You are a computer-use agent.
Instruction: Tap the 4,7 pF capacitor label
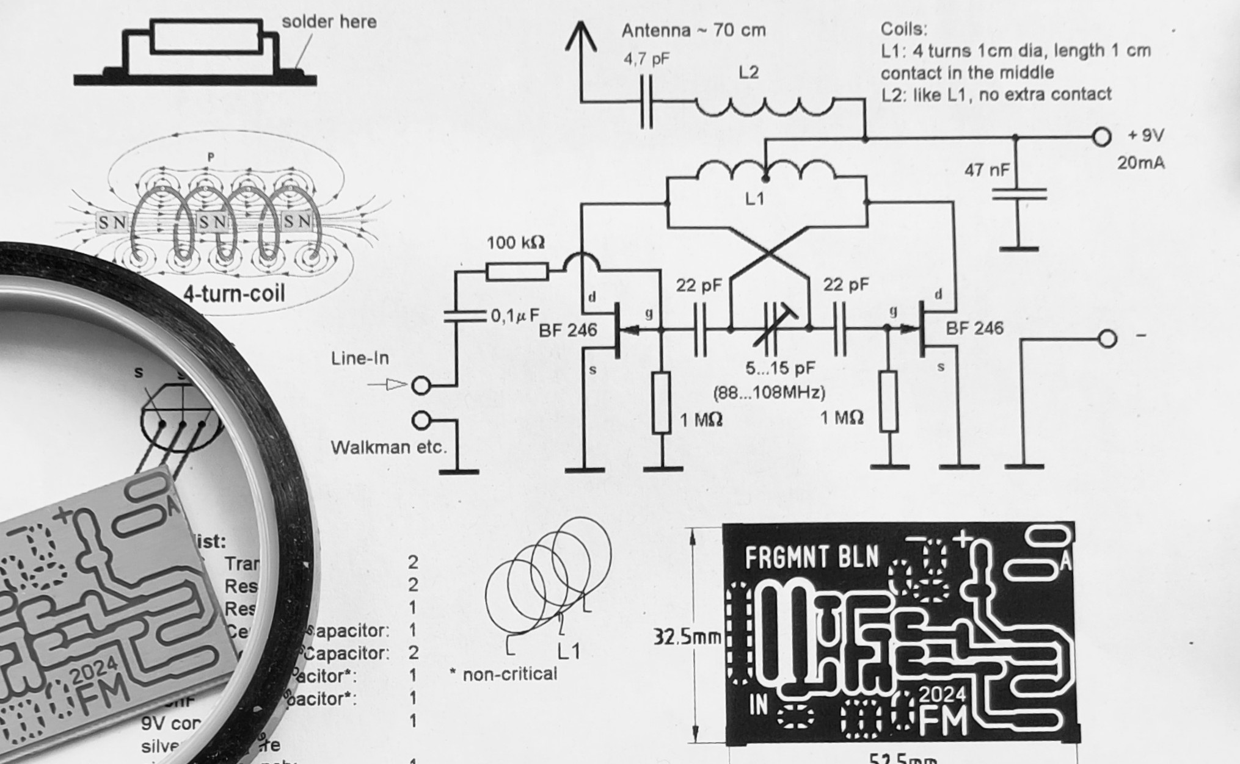tap(646, 59)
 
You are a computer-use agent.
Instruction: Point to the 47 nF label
tap(987, 170)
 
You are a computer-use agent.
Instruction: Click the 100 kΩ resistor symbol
tap(517, 272)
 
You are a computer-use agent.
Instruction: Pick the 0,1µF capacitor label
tap(515, 315)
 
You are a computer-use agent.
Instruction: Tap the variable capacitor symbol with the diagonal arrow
tap(772, 330)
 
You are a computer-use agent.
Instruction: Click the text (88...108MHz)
tap(769, 392)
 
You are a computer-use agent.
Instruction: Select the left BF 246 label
tap(567, 330)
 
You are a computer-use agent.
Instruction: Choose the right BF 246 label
tap(974, 328)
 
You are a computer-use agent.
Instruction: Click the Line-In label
tap(360, 358)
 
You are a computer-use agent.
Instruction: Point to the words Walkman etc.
tap(388, 447)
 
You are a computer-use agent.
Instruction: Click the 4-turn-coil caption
tap(234, 294)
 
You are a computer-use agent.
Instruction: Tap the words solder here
tap(329, 22)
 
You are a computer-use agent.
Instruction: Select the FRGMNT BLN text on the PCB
tap(811, 557)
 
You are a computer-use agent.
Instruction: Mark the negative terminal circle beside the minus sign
tap(1107, 338)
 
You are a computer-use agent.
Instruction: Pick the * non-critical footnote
tap(503, 674)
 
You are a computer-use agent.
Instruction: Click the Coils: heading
tap(903, 29)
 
